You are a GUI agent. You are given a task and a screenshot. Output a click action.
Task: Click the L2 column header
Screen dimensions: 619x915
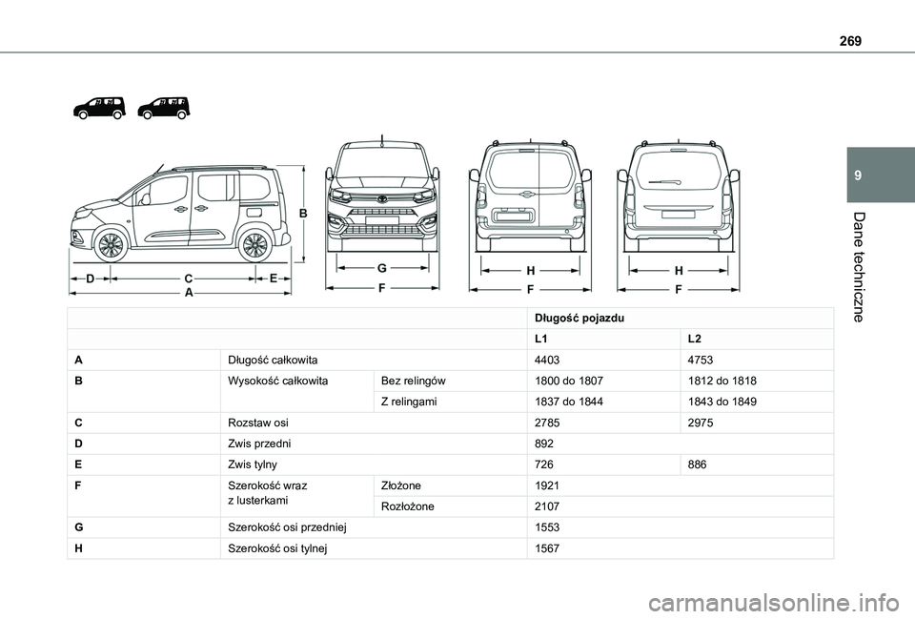(x=695, y=339)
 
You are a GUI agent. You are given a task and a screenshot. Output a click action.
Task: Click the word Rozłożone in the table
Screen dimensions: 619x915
(x=407, y=506)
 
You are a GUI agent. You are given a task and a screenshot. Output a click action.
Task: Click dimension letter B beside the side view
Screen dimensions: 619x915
(x=303, y=214)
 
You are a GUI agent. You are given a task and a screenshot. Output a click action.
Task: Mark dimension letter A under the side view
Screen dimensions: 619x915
(x=189, y=294)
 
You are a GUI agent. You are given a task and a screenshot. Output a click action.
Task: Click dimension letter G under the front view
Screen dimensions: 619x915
(x=380, y=268)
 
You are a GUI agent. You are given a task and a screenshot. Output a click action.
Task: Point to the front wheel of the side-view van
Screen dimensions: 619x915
(x=112, y=245)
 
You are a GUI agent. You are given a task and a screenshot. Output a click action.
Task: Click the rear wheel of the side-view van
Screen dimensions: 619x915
(x=254, y=245)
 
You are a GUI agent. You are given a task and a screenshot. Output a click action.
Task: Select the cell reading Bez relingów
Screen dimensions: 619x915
(x=413, y=381)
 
